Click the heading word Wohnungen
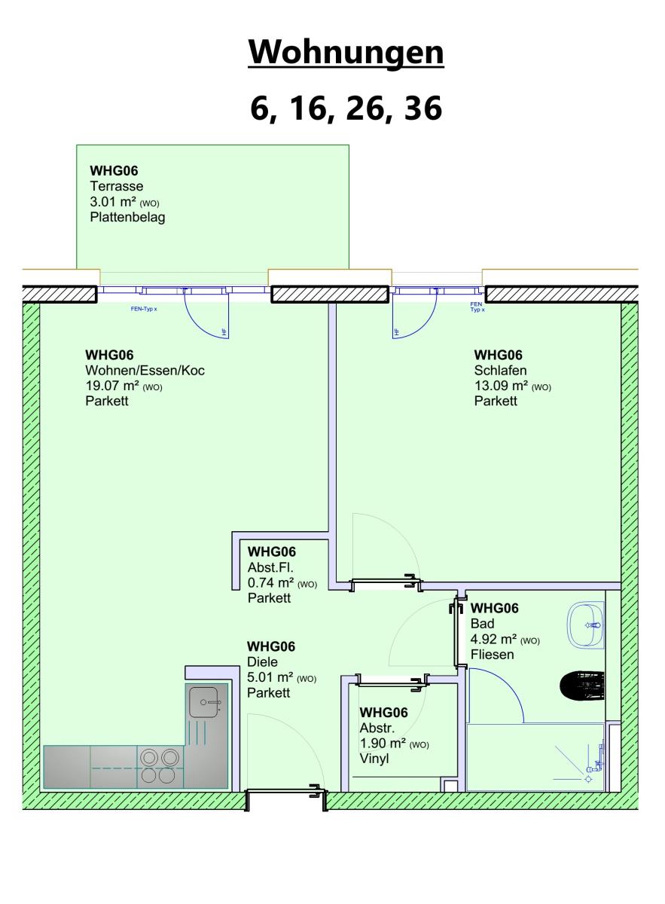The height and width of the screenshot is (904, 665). click(346, 53)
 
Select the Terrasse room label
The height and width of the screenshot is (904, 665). click(117, 186)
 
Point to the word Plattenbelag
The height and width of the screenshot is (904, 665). click(127, 217)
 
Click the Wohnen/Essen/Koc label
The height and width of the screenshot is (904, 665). click(145, 370)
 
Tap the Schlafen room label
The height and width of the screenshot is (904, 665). click(500, 370)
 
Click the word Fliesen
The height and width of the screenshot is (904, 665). click(493, 655)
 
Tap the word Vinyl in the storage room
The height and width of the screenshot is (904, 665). click(374, 759)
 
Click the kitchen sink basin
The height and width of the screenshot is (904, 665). click(204, 702)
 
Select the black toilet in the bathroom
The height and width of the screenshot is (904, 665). click(582, 686)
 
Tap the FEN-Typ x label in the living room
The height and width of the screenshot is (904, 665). click(144, 309)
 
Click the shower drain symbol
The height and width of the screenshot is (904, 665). click(588, 779)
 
